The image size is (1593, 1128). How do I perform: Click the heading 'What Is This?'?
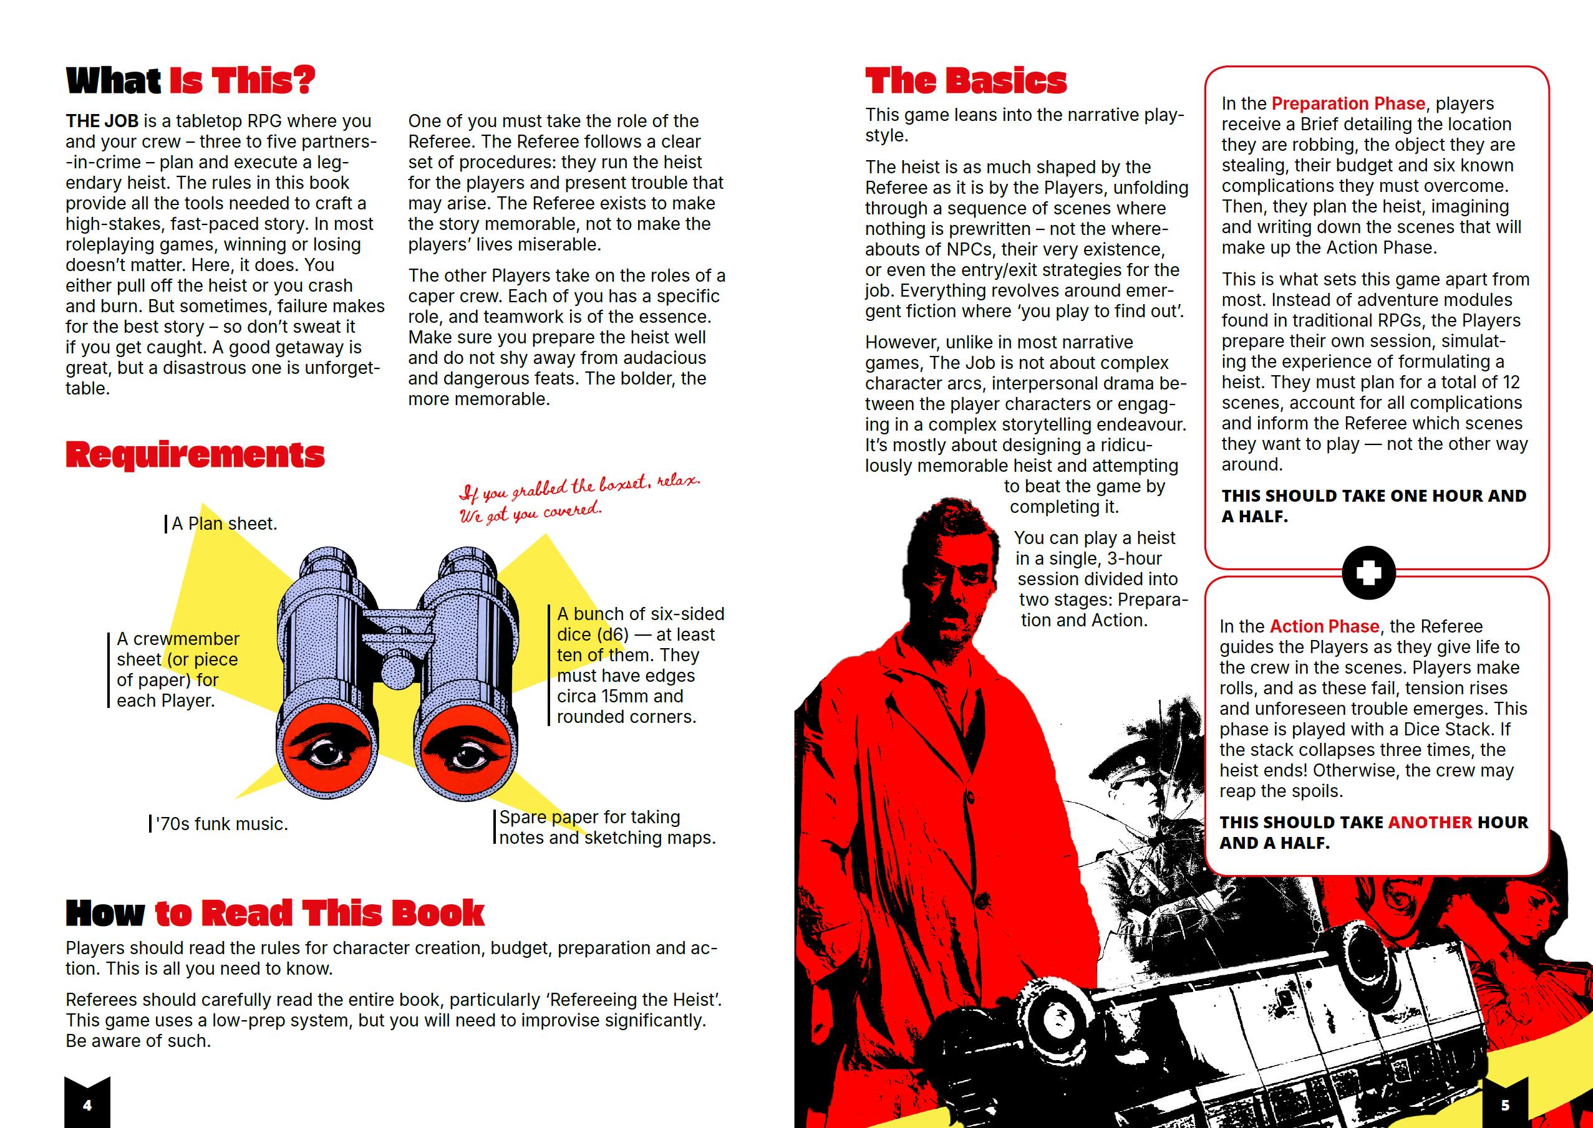tap(190, 80)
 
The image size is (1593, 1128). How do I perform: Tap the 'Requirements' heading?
tap(195, 455)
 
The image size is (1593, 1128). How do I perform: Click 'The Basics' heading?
tap(966, 80)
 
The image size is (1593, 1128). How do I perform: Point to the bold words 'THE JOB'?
tap(102, 122)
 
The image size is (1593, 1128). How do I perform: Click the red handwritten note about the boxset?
tap(578, 498)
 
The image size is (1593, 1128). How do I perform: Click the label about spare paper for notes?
tap(607, 827)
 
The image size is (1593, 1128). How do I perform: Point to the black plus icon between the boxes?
tap(1368, 573)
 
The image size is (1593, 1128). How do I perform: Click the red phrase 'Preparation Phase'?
tap(1348, 103)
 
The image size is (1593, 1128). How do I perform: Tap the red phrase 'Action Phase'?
tap(1324, 626)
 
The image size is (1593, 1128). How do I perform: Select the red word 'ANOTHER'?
tap(1429, 823)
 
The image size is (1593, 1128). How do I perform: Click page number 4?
tap(87, 1105)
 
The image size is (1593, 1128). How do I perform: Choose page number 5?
tap(1504, 1105)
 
